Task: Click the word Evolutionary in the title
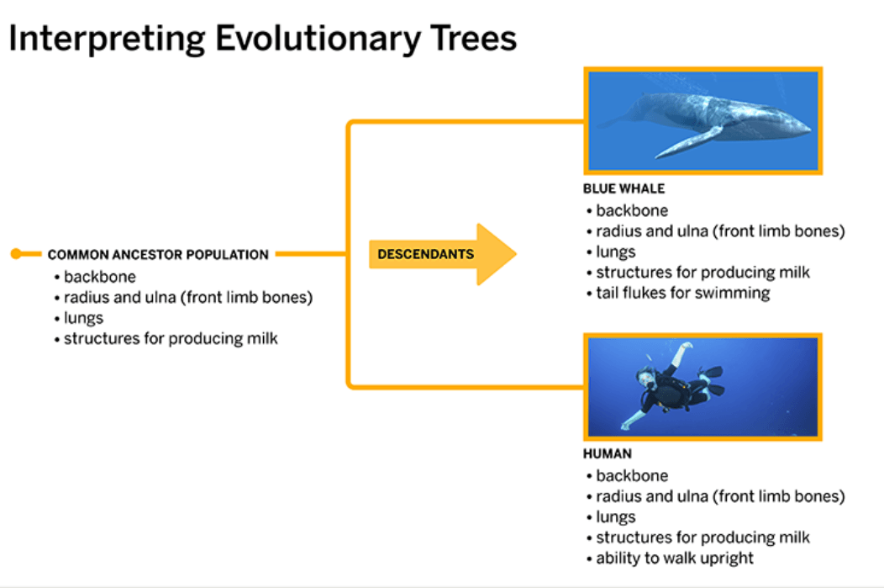[x=318, y=39]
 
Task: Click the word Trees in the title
[x=473, y=39]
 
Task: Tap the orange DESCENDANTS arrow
[x=443, y=254]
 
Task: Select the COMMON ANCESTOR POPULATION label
[x=158, y=255]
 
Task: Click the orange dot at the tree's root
[x=16, y=254]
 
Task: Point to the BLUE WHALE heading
[x=624, y=188]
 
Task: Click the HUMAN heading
[x=608, y=453]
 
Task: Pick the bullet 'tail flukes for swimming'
[x=682, y=293]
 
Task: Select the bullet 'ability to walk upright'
[x=674, y=558]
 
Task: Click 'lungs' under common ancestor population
[x=83, y=318]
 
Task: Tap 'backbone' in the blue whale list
[x=632, y=210]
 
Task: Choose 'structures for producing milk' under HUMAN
[x=702, y=538]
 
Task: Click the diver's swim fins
[x=711, y=381]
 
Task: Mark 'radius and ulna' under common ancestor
[x=119, y=298]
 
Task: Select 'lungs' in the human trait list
[x=616, y=517]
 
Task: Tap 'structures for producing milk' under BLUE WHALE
[x=702, y=273]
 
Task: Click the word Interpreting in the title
[x=107, y=40]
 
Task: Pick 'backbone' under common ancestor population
[x=100, y=277]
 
